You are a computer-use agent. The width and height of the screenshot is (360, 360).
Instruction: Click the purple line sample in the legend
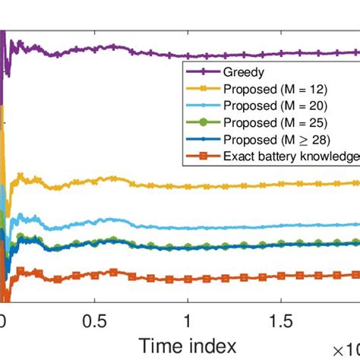[202, 72]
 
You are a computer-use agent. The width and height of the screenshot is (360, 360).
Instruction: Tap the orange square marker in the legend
[202, 156]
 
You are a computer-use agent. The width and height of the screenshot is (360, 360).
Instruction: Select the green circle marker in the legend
[202, 123]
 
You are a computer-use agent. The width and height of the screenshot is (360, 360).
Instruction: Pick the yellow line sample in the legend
[202, 89]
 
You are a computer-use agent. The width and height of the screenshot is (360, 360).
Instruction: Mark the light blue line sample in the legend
[202, 106]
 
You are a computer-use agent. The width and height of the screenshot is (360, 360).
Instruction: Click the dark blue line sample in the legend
[202, 140]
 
